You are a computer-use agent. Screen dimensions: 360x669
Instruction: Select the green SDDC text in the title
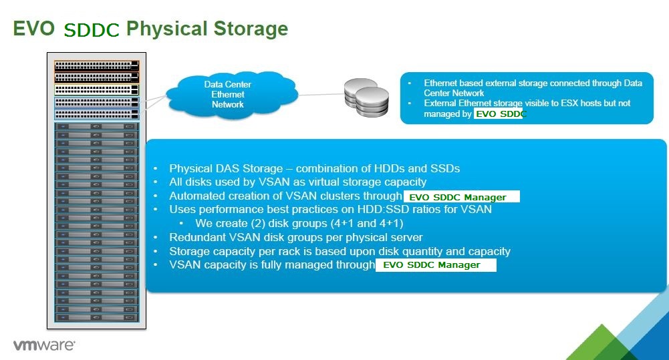[92, 30]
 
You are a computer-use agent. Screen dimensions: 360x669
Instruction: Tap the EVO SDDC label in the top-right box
[498, 114]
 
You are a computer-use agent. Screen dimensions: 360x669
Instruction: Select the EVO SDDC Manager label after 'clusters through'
[458, 197]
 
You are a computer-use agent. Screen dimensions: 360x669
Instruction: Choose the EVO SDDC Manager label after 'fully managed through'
[435, 265]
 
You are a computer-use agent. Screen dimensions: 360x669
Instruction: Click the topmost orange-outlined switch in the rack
[96, 65]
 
